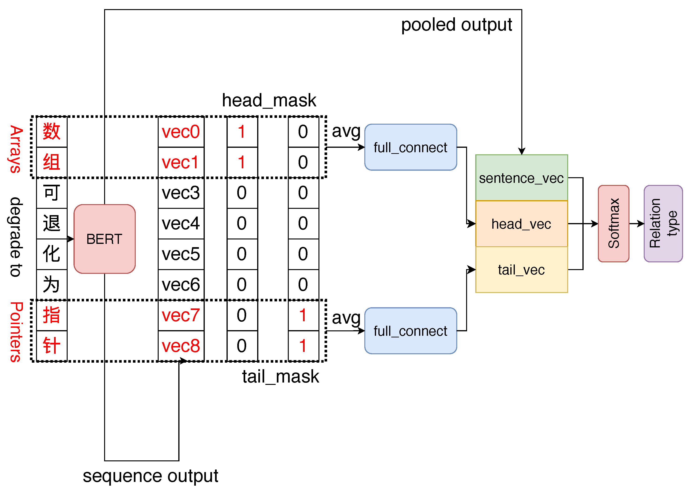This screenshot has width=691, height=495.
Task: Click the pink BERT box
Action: click(x=105, y=239)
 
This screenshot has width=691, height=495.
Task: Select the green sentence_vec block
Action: click(x=521, y=178)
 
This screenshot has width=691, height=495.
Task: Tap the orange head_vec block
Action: click(x=521, y=224)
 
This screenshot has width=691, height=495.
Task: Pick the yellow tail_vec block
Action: click(x=521, y=270)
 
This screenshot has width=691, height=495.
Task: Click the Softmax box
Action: click(x=613, y=224)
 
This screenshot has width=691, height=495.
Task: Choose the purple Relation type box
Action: click(x=663, y=224)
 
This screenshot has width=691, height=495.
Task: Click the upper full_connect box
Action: click(x=410, y=147)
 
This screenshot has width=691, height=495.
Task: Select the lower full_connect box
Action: click(x=410, y=331)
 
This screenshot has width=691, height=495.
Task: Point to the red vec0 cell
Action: click(x=181, y=132)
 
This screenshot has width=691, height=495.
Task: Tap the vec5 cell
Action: click(x=181, y=254)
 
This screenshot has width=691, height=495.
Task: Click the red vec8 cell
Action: click(x=181, y=346)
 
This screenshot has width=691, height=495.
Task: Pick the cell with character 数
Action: click(x=51, y=132)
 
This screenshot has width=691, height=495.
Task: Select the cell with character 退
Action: click(x=51, y=224)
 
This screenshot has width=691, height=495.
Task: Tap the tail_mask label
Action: click(x=280, y=377)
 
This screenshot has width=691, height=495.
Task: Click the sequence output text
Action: click(x=150, y=476)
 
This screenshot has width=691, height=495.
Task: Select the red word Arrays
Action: click(x=15, y=149)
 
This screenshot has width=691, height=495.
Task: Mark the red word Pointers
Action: click(x=15, y=332)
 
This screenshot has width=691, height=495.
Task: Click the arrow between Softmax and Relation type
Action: click(x=636, y=224)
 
